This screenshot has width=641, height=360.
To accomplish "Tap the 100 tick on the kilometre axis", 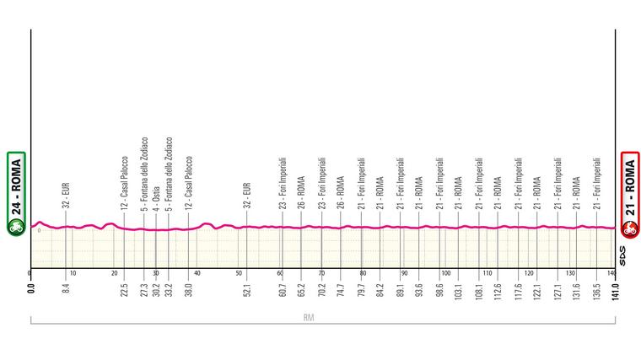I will tap(446, 274).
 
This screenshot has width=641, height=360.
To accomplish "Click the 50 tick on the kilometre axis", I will tap(239, 274).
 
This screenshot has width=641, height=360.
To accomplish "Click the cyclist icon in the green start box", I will tap(15, 227).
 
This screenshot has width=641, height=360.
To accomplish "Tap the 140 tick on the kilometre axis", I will tap(611, 274).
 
